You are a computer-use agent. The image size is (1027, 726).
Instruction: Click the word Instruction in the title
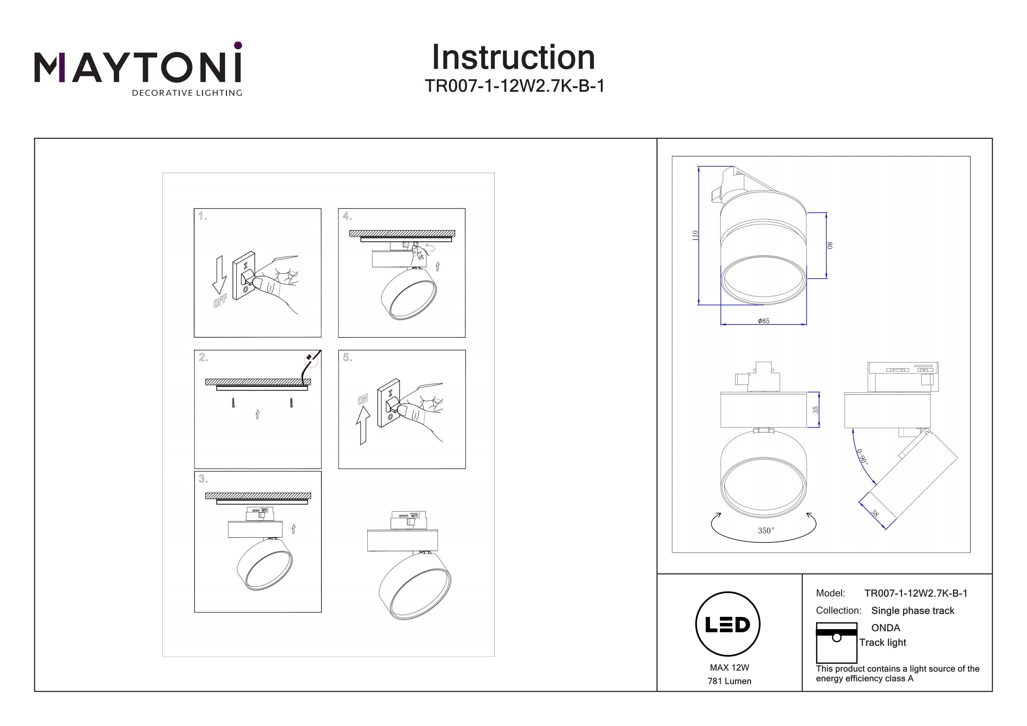tap(513, 58)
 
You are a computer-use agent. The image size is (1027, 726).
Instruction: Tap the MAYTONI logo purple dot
tap(238, 45)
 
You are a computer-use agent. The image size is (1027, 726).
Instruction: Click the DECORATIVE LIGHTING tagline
tap(187, 93)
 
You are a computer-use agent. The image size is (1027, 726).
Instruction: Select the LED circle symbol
tap(728, 624)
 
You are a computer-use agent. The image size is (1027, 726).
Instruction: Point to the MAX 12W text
tap(729, 667)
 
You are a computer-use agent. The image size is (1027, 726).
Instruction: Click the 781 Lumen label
tap(729, 681)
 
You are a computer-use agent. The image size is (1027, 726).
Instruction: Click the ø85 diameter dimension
tap(763, 321)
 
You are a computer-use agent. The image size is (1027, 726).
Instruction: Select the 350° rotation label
tap(765, 531)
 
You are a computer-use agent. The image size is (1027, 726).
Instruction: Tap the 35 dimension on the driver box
tap(815, 409)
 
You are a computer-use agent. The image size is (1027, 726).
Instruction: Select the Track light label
tap(883, 642)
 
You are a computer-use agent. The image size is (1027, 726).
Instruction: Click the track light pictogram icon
tap(836, 642)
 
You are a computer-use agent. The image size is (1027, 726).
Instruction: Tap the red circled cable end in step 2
tap(310, 360)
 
